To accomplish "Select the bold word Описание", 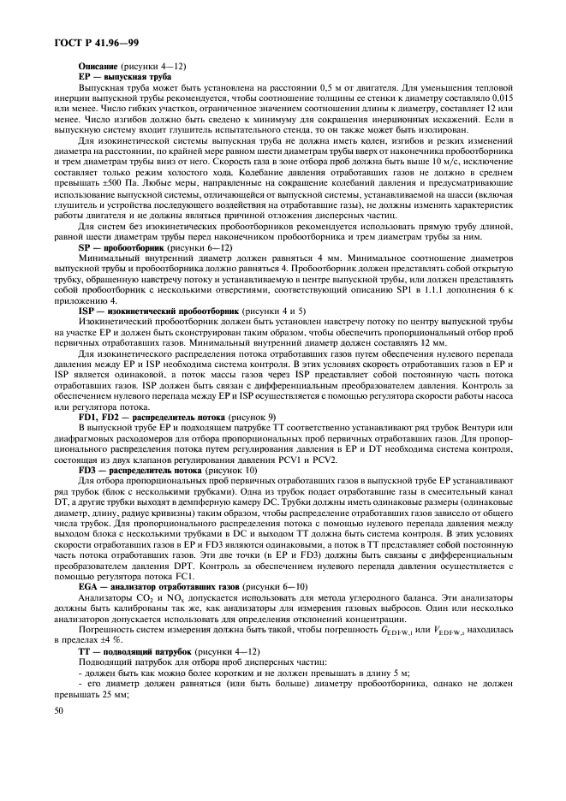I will coord(98,66).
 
